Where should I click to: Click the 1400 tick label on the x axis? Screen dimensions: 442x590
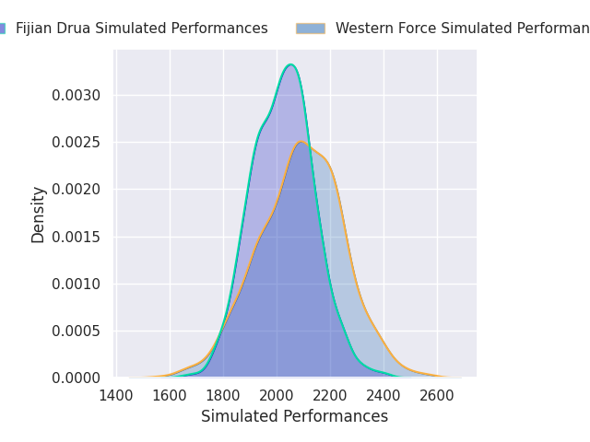point(116,395)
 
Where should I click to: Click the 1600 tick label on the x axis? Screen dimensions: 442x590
point(170,395)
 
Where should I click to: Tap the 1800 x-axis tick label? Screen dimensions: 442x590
point(223,395)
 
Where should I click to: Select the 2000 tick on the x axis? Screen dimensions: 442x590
point(277,395)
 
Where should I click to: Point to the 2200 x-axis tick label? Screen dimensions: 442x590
point(330,395)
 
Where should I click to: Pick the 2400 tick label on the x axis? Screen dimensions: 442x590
point(383,395)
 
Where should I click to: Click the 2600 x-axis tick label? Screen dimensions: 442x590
point(437,395)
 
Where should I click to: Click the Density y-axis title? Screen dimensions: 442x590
point(39,215)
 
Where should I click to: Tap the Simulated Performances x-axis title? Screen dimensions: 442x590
point(295,417)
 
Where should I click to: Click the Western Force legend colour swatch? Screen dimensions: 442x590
point(311,29)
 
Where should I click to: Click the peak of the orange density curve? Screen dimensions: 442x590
point(301,142)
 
